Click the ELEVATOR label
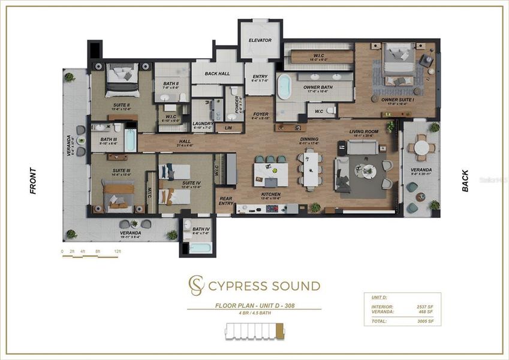pyautogui.click(x=260, y=40)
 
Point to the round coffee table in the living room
pyautogui.click(x=366, y=171)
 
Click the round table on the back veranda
pyautogui.click(x=421, y=147)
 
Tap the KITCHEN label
pyautogui.click(x=270, y=194)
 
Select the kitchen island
pyautogui.click(x=270, y=173)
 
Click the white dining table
pyautogui.click(x=311, y=170)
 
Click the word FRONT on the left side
pyautogui.click(x=33, y=180)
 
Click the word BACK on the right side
pyautogui.click(x=465, y=180)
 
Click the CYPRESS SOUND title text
pyautogui.click(x=264, y=286)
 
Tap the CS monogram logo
pyautogui.click(x=196, y=285)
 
